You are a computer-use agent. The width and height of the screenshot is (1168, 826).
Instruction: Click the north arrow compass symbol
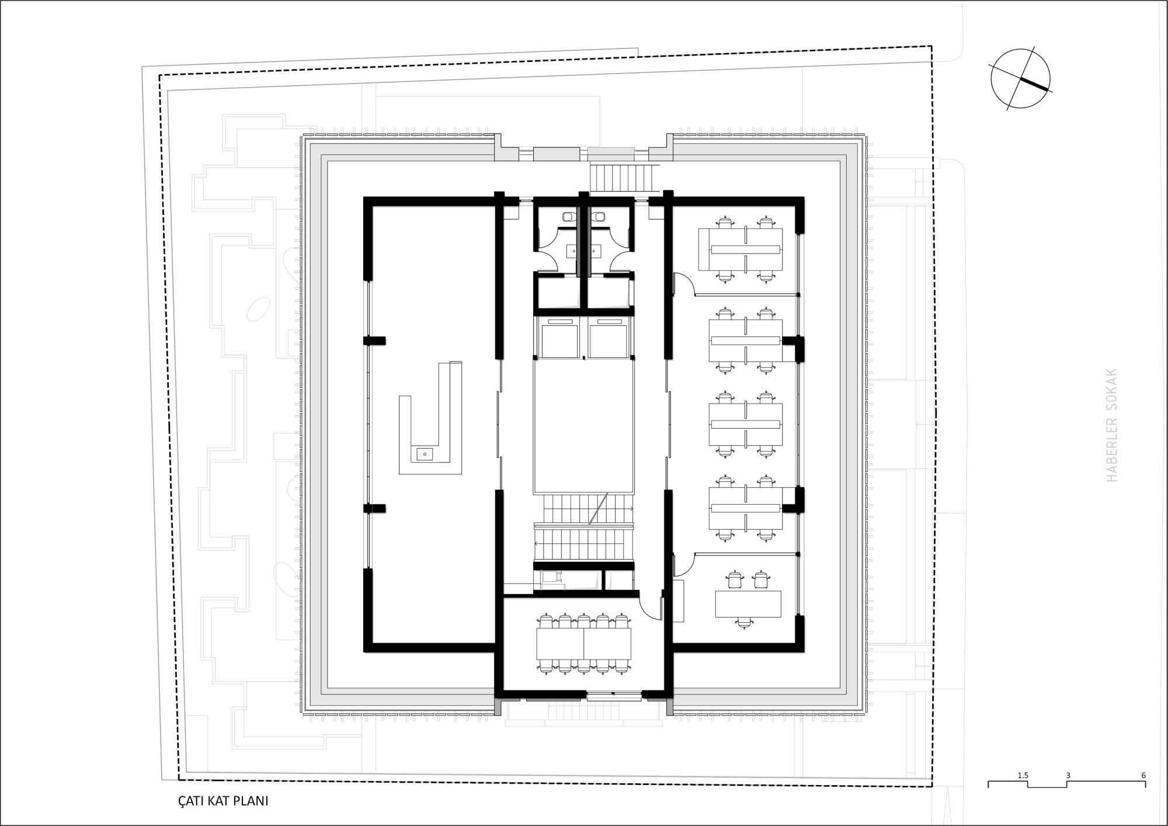tap(1020, 79)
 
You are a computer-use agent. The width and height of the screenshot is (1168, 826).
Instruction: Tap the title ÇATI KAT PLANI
tap(223, 800)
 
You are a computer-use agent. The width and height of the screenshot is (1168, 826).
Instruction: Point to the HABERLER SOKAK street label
tap(1111, 425)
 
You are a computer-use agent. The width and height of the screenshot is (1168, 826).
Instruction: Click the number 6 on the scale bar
tap(1143, 775)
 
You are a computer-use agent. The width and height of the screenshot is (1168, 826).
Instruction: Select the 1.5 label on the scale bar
tap(1023, 775)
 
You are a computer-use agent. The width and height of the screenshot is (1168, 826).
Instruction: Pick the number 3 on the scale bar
tap(1068, 775)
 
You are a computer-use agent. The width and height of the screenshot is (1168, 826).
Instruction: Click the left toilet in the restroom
tap(569, 217)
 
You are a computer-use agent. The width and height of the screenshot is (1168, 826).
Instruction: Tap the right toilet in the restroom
tap(598, 217)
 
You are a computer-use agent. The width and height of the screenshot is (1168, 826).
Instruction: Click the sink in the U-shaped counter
tap(425, 453)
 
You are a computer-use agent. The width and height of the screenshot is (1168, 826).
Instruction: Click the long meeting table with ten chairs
tap(583, 643)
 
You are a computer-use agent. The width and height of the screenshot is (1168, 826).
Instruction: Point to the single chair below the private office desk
tap(743, 623)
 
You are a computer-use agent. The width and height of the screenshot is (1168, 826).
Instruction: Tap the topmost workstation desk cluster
tap(741, 249)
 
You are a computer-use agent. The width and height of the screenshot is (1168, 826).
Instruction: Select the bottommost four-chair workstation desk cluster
tap(746, 508)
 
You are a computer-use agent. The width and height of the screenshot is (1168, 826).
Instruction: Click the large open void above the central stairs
tap(583, 426)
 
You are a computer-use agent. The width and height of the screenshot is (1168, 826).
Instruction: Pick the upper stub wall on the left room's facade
tap(374, 341)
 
